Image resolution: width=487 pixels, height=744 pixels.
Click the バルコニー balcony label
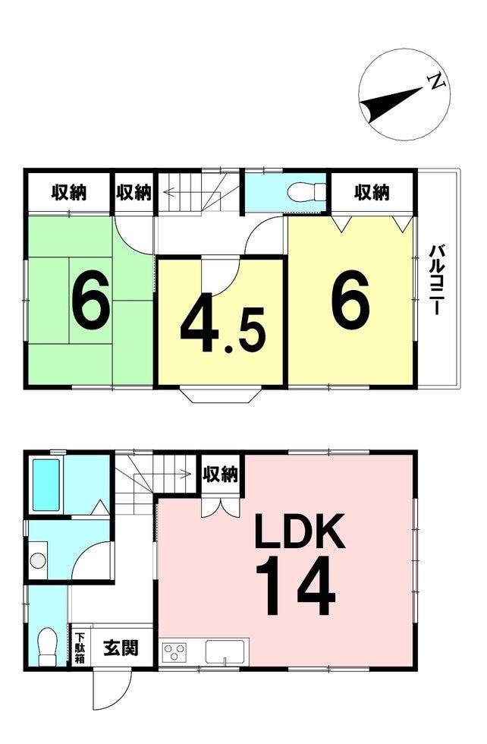point(437,279)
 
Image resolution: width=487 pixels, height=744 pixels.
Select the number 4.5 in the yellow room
point(222,327)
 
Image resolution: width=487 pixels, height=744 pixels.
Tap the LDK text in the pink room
point(299,530)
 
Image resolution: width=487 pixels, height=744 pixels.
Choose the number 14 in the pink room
point(295,585)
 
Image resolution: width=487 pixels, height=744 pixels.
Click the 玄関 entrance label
point(121,647)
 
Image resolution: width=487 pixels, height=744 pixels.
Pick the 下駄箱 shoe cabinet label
point(79,647)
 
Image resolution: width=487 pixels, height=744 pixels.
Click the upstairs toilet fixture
point(307,191)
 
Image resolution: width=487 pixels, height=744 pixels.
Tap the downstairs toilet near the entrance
point(47,647)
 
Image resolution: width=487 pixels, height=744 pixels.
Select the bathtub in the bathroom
point(46,484)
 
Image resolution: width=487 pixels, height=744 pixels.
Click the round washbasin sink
point(38,561)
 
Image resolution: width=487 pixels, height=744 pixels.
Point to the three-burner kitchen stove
point(175,651)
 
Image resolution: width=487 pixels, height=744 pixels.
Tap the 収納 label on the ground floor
point(221,474)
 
